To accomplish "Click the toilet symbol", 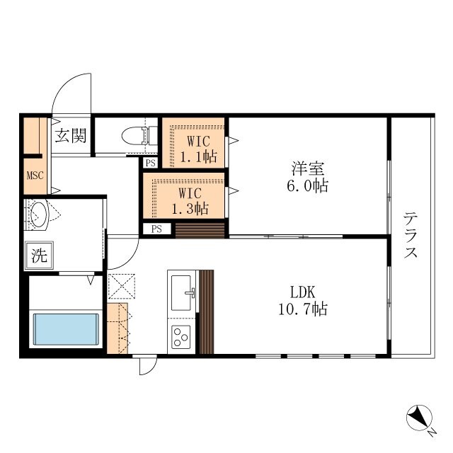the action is pos(139,135).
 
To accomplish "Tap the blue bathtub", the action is pos(66,329).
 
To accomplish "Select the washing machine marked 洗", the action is pos(39,256).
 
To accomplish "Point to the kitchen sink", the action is pos(181,292).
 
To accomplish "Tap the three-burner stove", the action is pos(181,337).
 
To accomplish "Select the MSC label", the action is pos(35,176).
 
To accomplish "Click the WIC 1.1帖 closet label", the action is pos(198,149).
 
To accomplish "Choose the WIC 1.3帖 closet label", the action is pos(190,201).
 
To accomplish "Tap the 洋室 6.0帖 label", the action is pos(307,177).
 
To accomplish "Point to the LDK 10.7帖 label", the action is pos(303,300).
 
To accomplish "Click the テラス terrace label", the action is pos(411,234).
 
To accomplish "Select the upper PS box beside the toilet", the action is pos(151,163).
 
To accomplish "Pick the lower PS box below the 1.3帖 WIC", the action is pos(156,229).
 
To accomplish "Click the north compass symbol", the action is pos(419,418).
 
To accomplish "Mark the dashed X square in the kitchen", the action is pos(121,286).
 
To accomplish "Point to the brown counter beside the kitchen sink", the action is pos(207,312).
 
